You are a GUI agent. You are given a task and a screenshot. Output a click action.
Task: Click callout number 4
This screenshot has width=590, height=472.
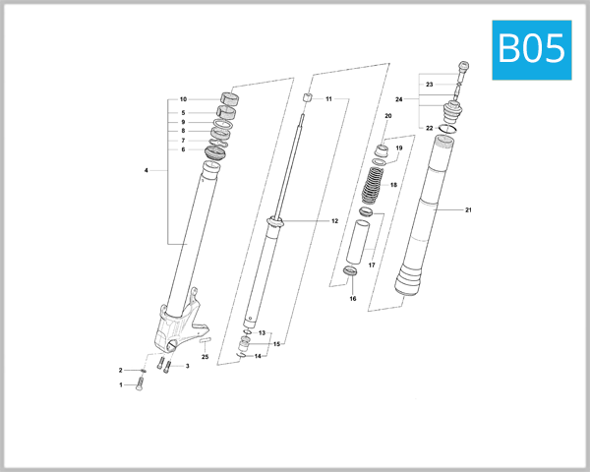click(146, 171)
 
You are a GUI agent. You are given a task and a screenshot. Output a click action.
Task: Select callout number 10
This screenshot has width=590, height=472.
click(183, 100)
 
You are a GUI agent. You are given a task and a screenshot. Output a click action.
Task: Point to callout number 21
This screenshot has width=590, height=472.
click(469, 210)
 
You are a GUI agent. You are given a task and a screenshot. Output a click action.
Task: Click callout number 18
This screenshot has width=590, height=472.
click(393, 185)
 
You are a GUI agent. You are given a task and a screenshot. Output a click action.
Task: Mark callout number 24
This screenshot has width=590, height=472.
click(399, 99)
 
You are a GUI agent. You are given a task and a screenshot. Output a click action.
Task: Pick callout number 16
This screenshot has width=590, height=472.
click(352, 298)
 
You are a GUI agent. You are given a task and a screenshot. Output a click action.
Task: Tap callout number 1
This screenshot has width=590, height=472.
click(122, 385)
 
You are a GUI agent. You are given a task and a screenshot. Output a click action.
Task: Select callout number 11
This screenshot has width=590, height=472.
click(329, 99)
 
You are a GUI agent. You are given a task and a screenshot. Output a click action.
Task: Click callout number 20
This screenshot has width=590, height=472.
click(388, 117)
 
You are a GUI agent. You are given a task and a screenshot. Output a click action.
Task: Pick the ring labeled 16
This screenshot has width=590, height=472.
click(351, 271)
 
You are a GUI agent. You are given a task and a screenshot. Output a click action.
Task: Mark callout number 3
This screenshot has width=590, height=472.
click(187, 366)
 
